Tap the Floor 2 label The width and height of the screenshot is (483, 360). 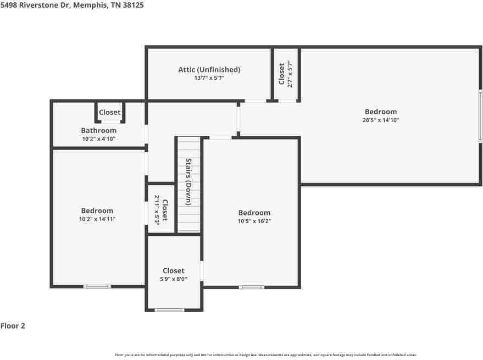tap(13, 326)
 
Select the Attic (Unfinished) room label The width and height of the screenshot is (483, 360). tap(209, 70)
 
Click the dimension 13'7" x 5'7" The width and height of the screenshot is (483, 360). tap(209, 79)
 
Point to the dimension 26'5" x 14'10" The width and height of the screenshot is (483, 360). tap(380, 120)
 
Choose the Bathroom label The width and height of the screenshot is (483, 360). tap(98, 131)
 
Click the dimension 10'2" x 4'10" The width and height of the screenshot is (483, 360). tap(98, 139)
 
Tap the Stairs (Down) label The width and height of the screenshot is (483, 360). tap(188, 182)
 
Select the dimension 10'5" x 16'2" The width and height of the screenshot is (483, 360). tap(254, 221)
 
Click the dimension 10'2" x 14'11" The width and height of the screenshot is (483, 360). tap(97, 219)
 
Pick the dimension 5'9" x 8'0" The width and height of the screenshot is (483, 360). tap(173, 279)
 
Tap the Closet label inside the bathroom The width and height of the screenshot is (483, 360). tap(109, 113)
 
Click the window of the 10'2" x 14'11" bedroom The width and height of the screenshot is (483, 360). tap(97, 286)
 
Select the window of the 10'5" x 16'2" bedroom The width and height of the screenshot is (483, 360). tap(251, 287)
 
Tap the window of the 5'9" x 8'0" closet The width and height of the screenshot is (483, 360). tap(169, 310)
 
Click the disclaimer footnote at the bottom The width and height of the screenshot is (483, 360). tap(265, 355)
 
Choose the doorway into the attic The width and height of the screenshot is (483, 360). tap(255, 101)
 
